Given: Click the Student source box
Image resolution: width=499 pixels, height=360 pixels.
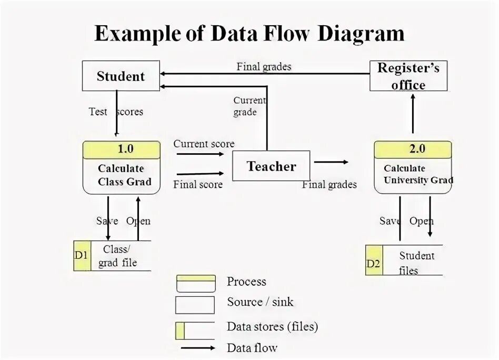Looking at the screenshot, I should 121,76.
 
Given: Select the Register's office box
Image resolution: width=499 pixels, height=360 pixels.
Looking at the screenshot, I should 408,76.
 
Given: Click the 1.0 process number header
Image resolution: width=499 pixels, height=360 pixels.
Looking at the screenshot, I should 122,149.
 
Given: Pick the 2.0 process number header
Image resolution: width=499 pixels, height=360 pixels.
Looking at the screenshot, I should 413,149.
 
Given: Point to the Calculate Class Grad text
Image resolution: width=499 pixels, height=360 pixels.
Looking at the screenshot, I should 122,175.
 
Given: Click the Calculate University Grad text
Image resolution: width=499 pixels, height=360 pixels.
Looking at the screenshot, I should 414,174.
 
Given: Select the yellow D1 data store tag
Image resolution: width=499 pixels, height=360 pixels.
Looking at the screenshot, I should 82,256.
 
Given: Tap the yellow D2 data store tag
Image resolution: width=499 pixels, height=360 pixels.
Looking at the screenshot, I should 374,261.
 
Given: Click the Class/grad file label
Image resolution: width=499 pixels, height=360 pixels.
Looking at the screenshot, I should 117,256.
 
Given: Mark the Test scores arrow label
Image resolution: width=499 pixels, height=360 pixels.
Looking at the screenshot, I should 116,112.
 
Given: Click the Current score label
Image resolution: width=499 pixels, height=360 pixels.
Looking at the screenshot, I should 204,144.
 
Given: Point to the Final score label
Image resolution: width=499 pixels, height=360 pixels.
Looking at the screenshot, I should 197,184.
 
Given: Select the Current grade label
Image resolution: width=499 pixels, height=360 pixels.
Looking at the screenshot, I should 247,106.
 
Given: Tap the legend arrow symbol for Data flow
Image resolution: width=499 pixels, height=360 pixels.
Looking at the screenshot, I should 197,348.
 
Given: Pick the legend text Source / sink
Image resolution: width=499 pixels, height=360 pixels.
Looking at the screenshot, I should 260,302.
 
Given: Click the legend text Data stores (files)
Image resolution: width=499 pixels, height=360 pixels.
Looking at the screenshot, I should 272,327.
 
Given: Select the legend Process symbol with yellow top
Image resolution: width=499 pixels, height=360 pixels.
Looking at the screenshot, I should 195,283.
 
